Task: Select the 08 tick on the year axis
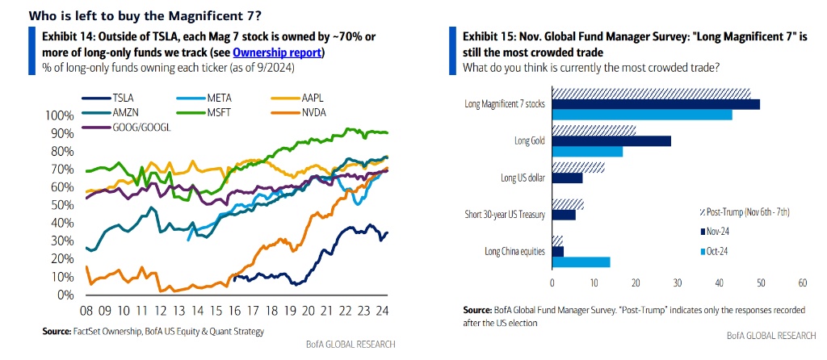(86, 310)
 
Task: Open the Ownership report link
(277, 52)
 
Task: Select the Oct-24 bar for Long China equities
(581, 262)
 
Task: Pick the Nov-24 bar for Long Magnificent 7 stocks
(655, 104)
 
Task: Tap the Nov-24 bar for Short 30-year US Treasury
(564, 215)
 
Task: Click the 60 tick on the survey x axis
(802, 283)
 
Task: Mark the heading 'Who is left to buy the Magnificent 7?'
(134, 15)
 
